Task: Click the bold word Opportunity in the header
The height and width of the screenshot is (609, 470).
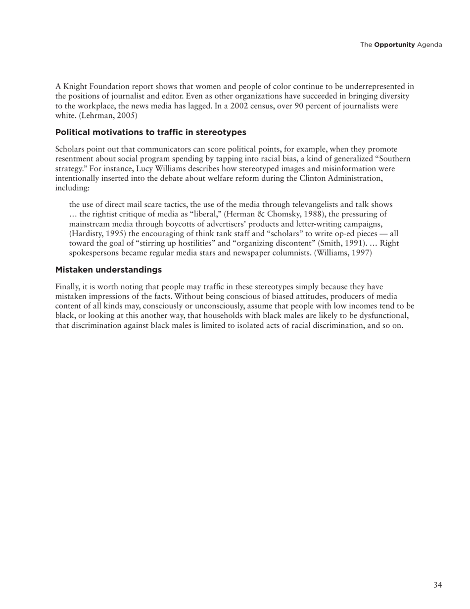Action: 394,45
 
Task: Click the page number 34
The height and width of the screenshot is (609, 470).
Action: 437,585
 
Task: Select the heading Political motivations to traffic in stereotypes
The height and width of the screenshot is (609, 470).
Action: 150,132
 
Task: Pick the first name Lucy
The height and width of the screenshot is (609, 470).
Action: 144,168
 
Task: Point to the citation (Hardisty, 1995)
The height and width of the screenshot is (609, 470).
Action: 97,233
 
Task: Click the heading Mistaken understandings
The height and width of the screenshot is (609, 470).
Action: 108,270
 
